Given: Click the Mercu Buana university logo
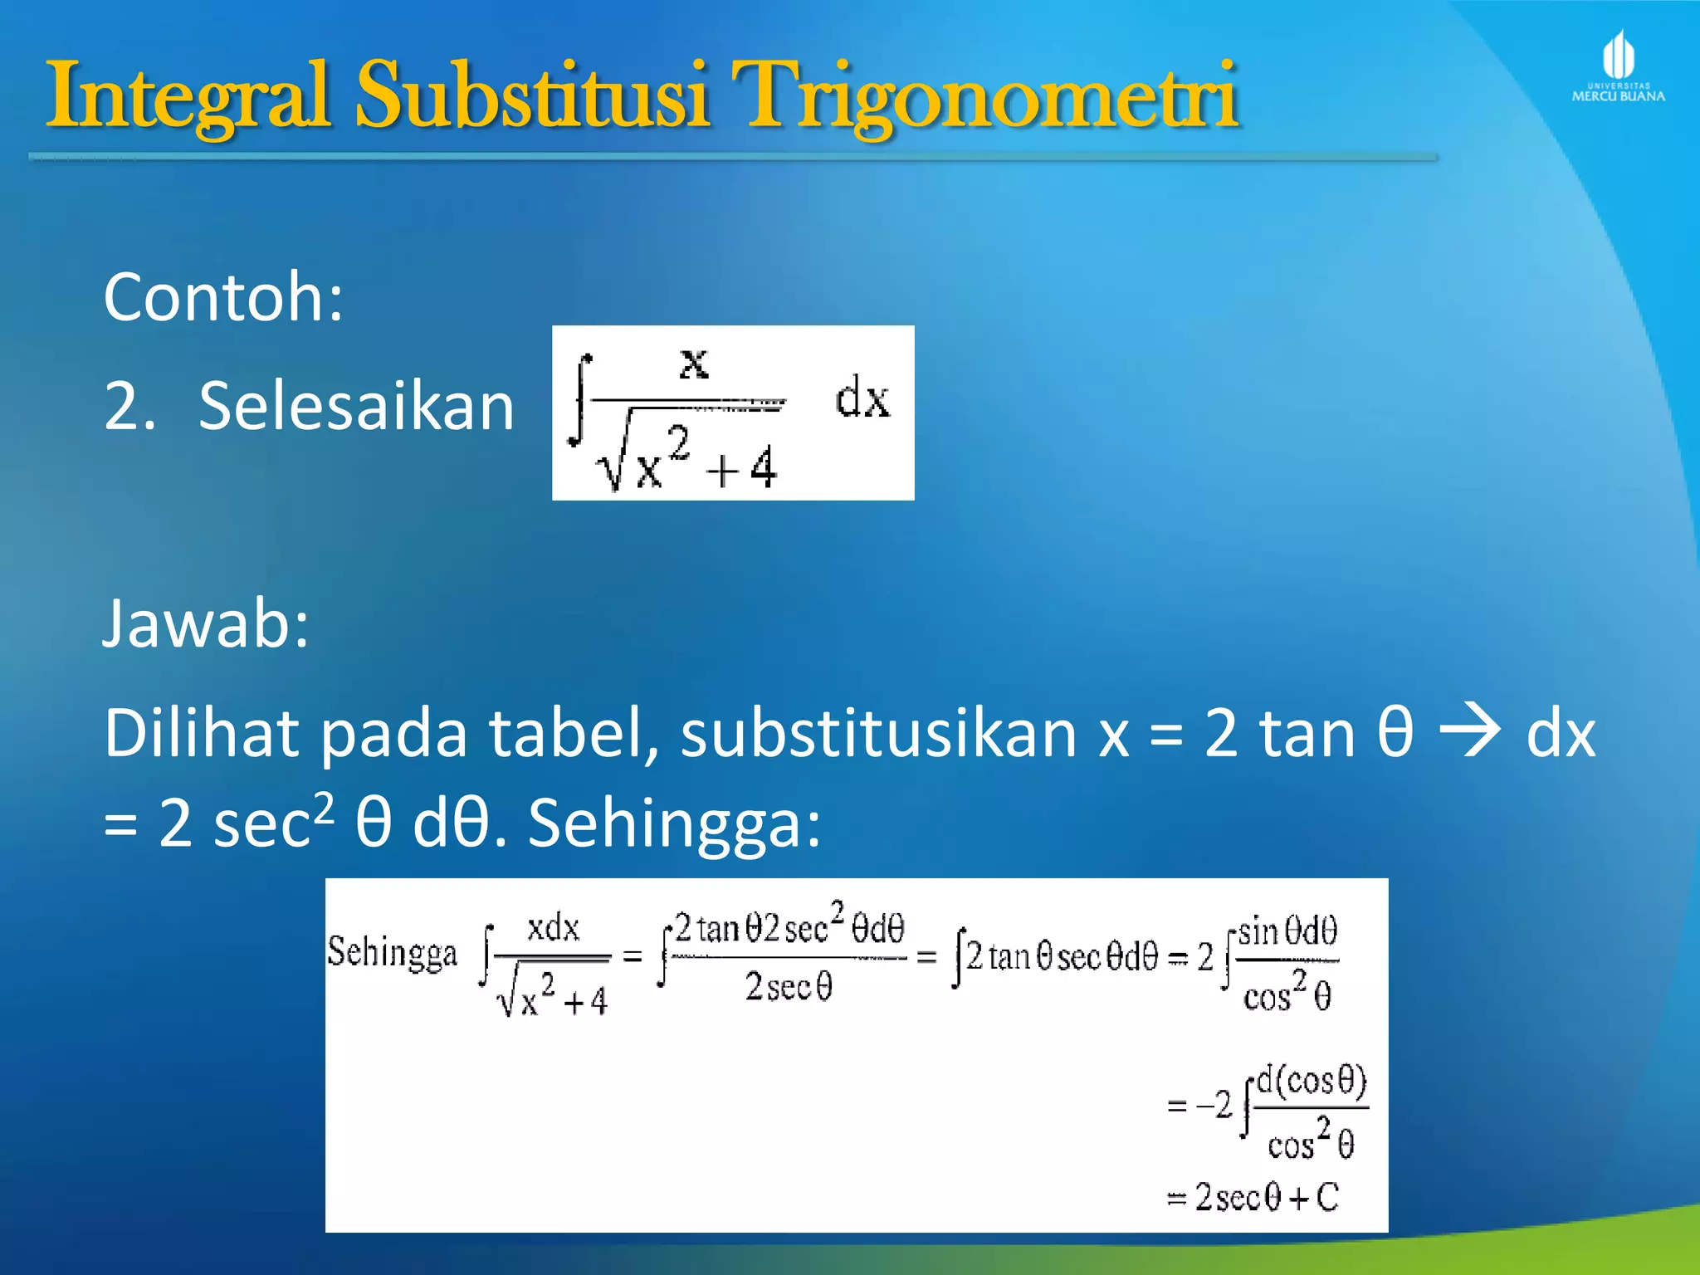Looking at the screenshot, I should [x=1618, y=66].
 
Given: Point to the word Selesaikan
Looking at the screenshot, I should [x=356, y=406].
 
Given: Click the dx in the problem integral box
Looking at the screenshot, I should [x=862, y=398].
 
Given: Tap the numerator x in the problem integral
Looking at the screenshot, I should [x=694, y=363].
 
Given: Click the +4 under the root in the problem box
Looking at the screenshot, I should [x=742, y=469].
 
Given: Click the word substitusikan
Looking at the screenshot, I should [x=879, y=734].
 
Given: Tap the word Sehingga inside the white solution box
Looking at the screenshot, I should [x=392, y=952].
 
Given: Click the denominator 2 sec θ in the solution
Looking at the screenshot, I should [x=788, y=987].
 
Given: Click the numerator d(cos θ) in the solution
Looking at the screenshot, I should [x=1312, y=1081].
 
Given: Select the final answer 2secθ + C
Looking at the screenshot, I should [x=1266, y=1197].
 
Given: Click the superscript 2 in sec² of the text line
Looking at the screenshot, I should [x=325, y=804].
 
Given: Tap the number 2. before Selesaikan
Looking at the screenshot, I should [x=129, y=406].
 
